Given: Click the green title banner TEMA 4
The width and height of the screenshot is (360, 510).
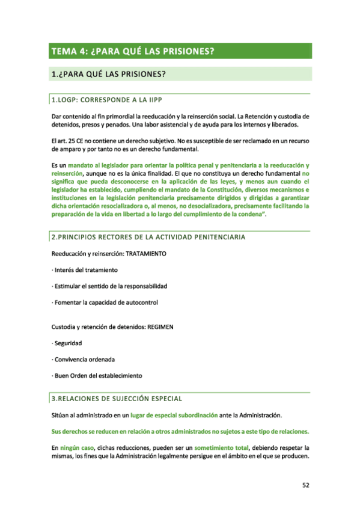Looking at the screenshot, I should pyautogui.click(x=180, y=51).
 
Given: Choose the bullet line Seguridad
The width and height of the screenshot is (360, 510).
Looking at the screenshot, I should pyautogui.click(x=67, y=343).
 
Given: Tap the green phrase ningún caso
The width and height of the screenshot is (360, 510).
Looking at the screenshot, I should pyautogui.click(x=78, y=448).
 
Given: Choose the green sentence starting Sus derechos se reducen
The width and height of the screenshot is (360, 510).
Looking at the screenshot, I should pyautogui.click(x=180, y=432).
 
